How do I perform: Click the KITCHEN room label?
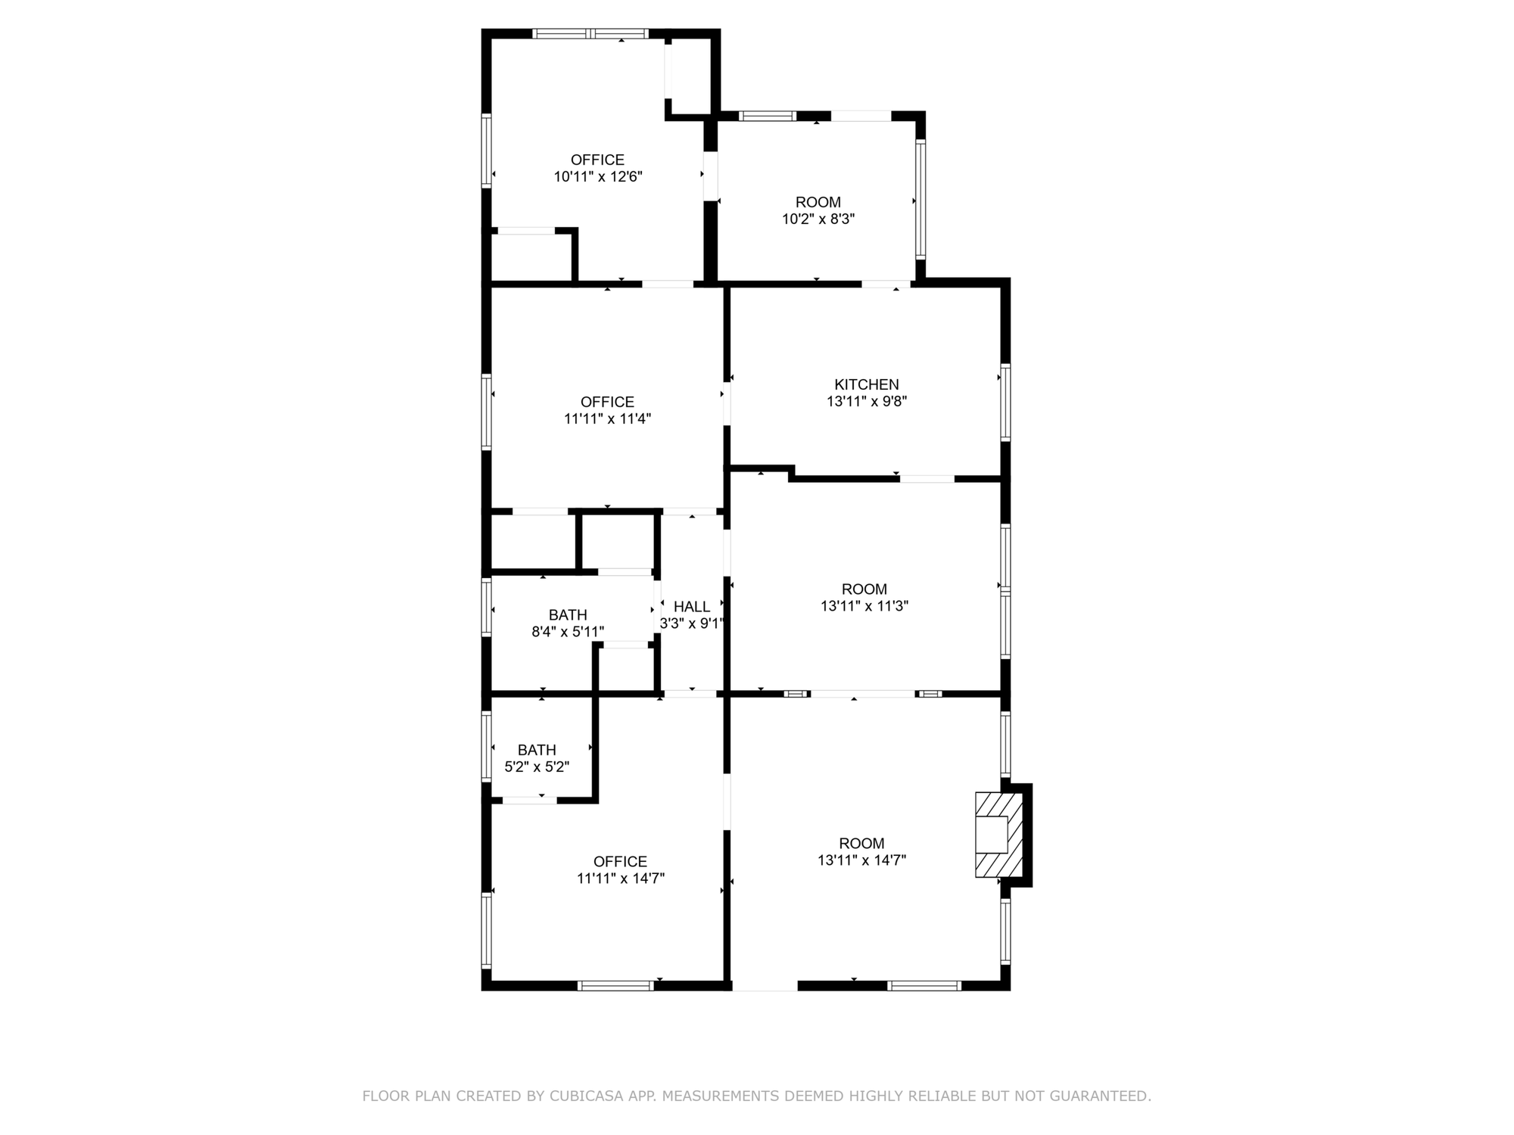point(867,384)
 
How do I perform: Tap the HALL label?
point(692,607)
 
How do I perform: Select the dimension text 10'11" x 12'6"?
point(598,177)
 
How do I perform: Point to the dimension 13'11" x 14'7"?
point(862,860)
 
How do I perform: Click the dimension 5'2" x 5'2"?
point(537,767)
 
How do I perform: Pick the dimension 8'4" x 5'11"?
point(568,632)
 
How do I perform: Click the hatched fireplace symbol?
point(999,835)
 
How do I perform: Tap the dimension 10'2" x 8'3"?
point(818,219)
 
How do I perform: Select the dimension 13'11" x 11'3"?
point(864,606)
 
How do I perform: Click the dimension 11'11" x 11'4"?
point(608,418)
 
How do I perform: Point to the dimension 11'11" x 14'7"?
point(621,878)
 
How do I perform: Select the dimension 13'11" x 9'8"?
point(867,402)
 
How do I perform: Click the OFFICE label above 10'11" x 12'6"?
point(598,160)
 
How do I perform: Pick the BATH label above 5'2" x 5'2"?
point(537,750)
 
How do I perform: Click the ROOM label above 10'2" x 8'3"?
point(818,202)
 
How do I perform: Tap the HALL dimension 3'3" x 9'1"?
point(692,624)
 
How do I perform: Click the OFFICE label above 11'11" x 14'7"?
point(621,862)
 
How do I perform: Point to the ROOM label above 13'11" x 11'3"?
point(864,589)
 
